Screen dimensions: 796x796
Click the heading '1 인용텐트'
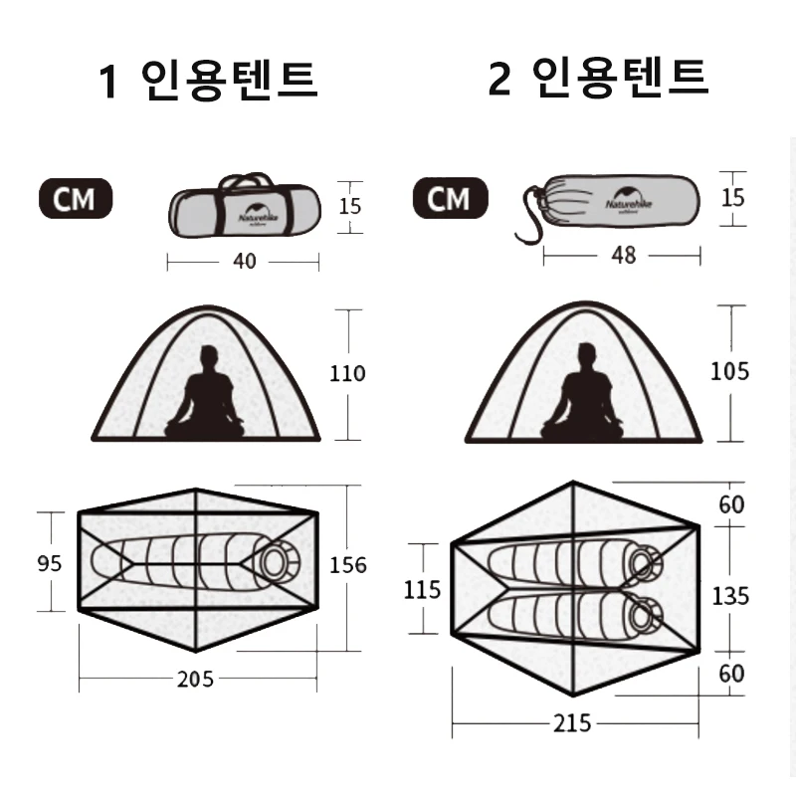tap(209, 80)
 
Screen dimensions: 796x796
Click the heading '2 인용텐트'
tap(599, 78)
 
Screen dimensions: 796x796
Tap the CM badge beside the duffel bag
tap(74, 198)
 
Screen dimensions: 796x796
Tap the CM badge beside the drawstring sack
tap(449, 198)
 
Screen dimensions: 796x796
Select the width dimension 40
tap(244, 262)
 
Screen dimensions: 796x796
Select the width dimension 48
tap(624, 256)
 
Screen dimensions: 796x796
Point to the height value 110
tap(347, 373)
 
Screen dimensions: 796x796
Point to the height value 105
tap(730, 371)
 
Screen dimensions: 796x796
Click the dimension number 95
tap(49, 563)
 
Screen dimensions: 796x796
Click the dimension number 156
tap(347, 565)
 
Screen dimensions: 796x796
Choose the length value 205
tap(196, 680)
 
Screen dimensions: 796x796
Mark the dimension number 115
tap(422, 589)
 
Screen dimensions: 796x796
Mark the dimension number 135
tap(730, 595)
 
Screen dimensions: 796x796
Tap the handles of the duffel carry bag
tap(247, 183)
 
